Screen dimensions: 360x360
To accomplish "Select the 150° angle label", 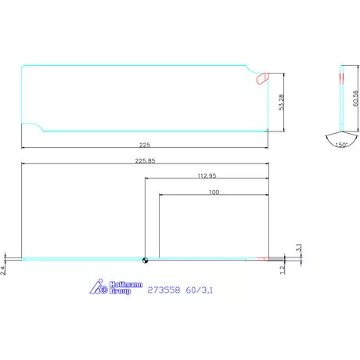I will coord(340,145).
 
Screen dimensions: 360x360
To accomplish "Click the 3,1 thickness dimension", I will coord(298,247).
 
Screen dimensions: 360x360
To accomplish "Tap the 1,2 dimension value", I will coord(283,268).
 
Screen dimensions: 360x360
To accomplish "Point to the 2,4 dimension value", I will coord(4,269).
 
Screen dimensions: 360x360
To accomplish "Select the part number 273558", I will coord(165,289).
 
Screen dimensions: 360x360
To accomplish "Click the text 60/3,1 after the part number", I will coord(201,289).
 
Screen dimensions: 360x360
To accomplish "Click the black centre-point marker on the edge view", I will coord(144,260).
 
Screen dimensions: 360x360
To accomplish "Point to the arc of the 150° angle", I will coord(340,138).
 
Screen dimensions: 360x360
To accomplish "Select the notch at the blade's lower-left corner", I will coord(33,126).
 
